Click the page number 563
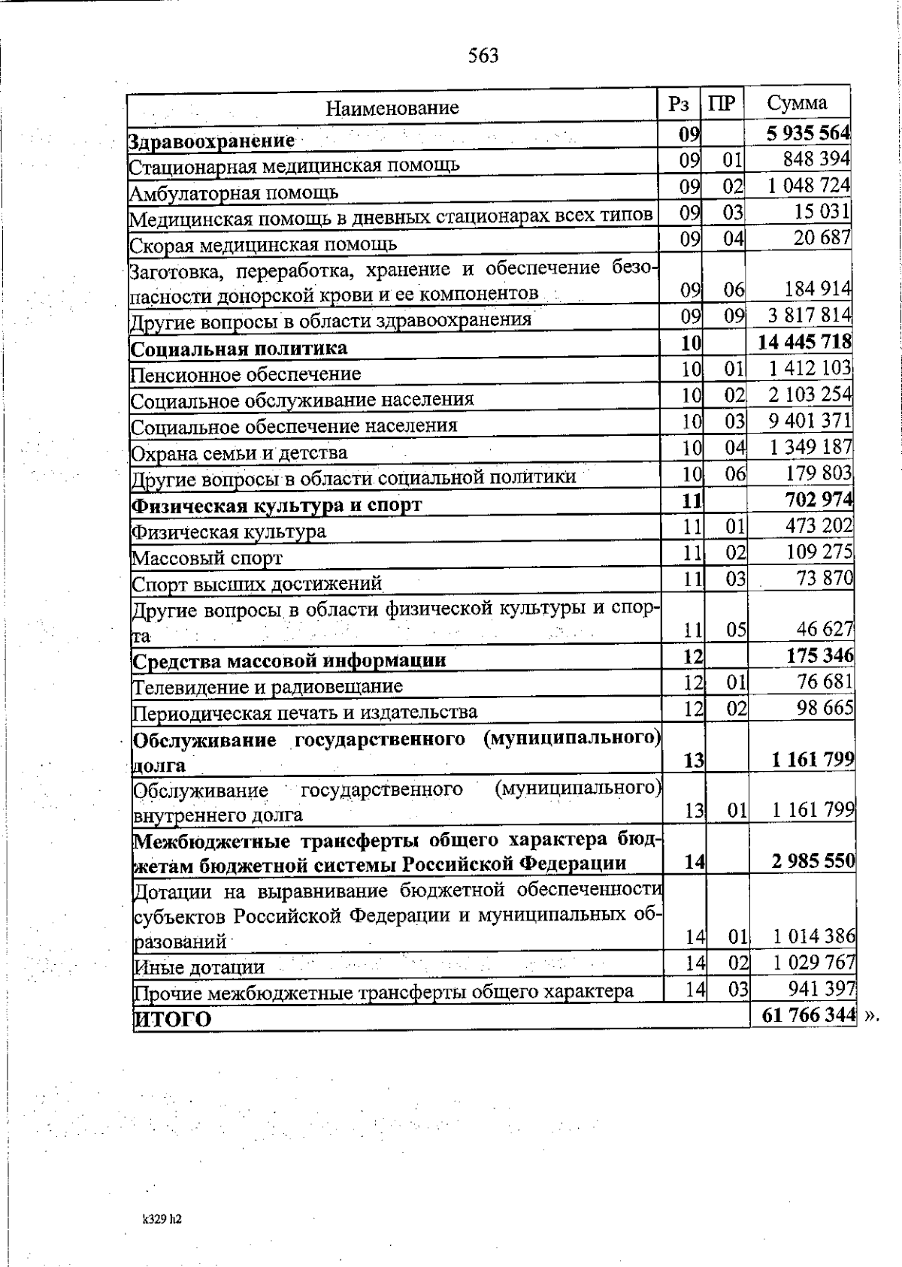click(x=483, y=56)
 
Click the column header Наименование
click(x=392, y=108)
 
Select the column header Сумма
click(x=797, y=103)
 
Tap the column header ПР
click(x=722, y=104)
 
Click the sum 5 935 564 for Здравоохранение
click(x=808, y=134)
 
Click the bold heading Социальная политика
click(x=239, y=349)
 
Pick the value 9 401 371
click(x=810, y=421)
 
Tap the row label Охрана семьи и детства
click(x=239, y=453)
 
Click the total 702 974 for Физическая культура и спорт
click(x=819, y=500)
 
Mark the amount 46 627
click(x=825, y=629)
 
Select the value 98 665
click(x=825, y=708)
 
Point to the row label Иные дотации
click(x=199, y=968)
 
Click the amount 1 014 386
click(x=814, y=936)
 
